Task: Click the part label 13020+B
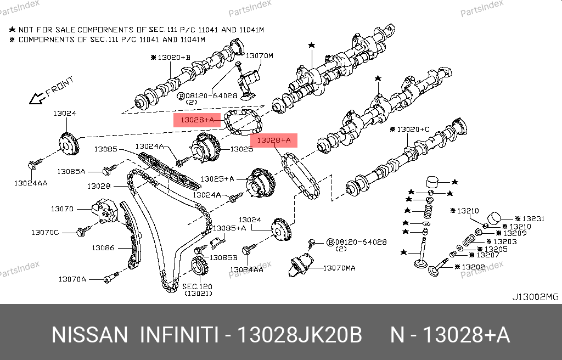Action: pos(173,57)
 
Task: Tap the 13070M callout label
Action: pos(259,56)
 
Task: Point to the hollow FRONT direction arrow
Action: pos(37,98)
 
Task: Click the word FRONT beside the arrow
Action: pos(59,87)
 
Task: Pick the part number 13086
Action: pos(103,248)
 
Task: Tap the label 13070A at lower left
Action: pos(72,279)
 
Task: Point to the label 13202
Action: pos(473,267)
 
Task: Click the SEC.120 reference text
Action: pos(197,286)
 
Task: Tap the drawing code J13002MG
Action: pos(535,297)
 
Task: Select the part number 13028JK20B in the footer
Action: pos(299,335)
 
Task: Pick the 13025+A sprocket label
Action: pos(217,179)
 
